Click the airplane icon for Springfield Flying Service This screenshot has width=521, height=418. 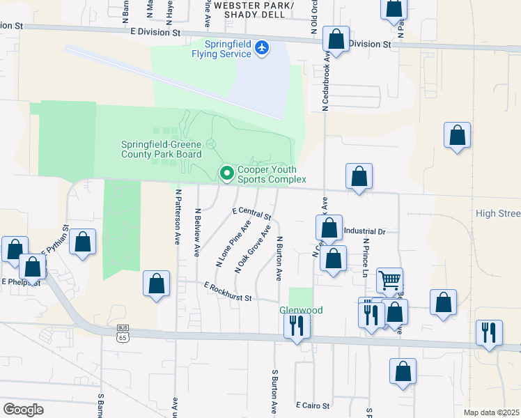261,48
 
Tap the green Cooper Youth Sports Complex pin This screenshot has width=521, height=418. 226,173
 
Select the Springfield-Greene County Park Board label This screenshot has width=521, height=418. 161,149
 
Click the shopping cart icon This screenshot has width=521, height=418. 389,280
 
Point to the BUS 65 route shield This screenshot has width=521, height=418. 123,332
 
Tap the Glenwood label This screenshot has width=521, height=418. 301,310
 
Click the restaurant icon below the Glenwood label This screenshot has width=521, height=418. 297,326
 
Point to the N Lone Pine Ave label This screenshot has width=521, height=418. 233,245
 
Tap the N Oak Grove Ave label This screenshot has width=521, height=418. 252,249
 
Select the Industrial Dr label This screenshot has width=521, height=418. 364,231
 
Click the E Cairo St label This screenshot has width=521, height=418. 312,405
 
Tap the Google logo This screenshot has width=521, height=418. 23,410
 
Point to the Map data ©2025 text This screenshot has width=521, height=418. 490,412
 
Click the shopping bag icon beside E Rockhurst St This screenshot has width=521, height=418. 156,284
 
